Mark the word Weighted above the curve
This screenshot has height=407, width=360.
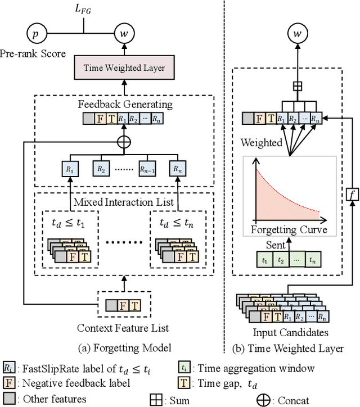(262, 142)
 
